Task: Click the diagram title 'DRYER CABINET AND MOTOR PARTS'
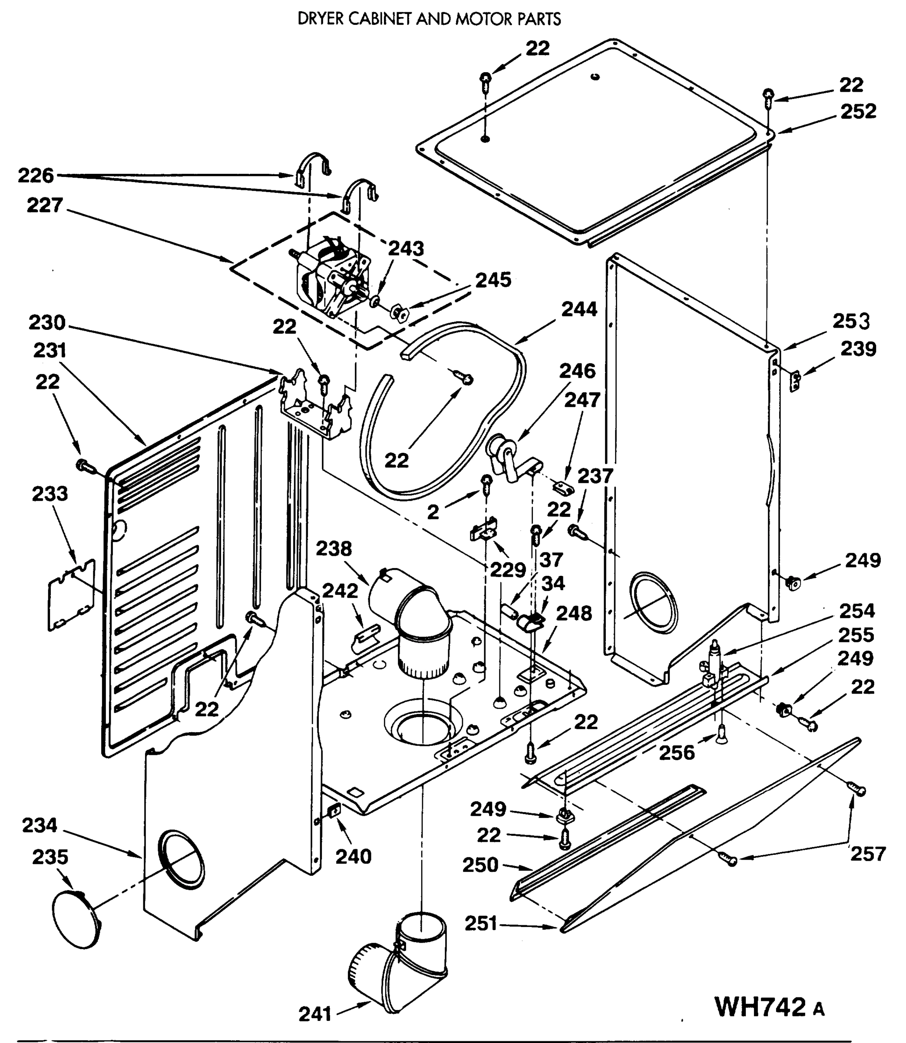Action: (429, 19)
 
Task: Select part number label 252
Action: (858, 111)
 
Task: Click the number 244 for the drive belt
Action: (579, 309)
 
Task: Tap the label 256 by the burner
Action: (677, 753)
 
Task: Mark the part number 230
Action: (46, 322)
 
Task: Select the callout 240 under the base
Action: (354, 857)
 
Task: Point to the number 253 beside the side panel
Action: (851, 321)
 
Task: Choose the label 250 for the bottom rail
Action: (480, 864)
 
